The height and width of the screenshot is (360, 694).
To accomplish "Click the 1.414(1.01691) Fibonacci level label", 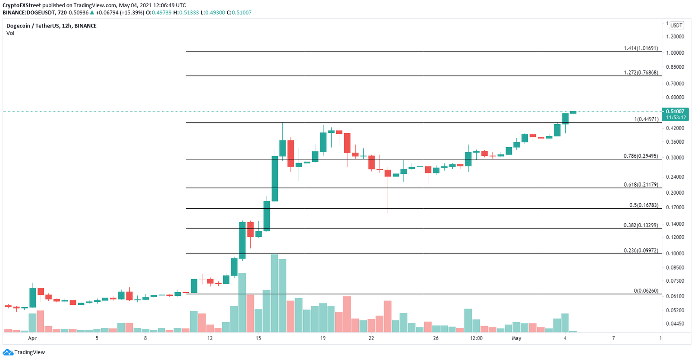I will coord(641,48).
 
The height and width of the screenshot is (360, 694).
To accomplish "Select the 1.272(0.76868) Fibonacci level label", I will coord(641,72).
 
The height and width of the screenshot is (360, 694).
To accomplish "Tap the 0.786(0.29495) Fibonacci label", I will coord(641,156).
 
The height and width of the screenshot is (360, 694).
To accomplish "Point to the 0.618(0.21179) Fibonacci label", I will coord(641,184).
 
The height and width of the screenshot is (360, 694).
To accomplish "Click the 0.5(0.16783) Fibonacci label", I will coord(643,205).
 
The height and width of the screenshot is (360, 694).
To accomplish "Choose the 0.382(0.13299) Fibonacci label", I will coord(641,225).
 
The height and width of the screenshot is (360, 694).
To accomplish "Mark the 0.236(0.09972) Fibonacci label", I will coord(641,250).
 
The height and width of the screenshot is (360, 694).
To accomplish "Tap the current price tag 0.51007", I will coord(675,111).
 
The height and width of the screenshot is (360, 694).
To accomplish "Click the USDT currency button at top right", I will coord(676,25).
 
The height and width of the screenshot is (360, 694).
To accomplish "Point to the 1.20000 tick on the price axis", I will coord(676,37).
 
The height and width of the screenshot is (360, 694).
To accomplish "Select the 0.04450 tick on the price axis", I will coord(676,324).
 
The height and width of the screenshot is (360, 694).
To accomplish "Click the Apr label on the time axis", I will coord(32,338).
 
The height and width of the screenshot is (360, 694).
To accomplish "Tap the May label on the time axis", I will coord(516,338).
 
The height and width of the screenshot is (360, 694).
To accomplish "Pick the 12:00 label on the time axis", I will coord(476,338).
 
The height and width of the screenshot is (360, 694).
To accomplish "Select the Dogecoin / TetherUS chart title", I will coord(51,26).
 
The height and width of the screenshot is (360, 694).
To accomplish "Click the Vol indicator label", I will coord(10,33).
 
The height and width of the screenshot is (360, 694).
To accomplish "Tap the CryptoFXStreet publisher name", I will coord(22,5).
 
